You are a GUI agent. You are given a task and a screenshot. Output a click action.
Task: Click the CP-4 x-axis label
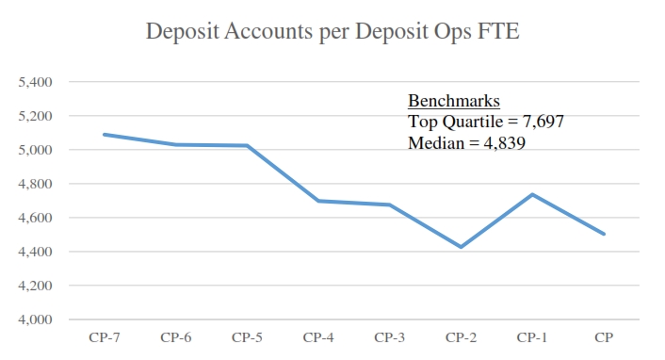[x=318, y=337]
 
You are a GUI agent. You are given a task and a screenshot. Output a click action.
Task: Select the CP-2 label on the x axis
[x=462, y=337]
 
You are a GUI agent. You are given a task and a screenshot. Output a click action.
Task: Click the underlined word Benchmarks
[x=453, y=101]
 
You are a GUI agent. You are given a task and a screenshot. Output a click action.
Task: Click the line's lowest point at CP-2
[x=462, y=247]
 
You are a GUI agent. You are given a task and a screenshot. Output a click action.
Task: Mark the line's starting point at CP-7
[x=105, y=134]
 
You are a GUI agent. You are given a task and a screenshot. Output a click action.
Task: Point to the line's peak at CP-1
[x=533, y=194]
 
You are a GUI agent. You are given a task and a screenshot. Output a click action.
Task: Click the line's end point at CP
[x=604, y=234]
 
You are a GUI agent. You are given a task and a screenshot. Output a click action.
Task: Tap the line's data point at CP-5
[x=247, y=145]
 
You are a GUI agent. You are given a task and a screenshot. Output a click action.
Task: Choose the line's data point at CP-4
[x=318, y=201]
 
